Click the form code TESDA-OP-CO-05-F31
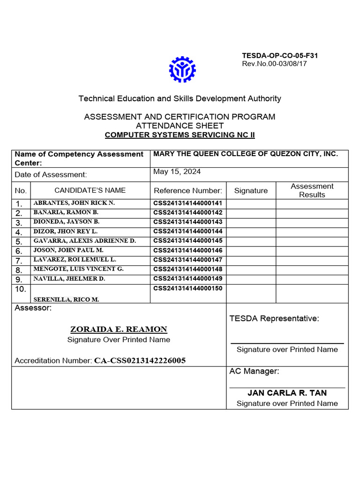280,56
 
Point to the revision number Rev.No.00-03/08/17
274,64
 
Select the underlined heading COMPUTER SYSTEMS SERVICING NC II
180,135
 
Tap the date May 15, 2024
177,172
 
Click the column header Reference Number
187,190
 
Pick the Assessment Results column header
312,190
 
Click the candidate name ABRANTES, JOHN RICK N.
74,203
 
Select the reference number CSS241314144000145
187,241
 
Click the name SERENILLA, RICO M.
66,299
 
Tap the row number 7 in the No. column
19,261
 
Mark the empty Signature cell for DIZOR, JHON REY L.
251,232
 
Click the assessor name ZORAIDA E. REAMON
119,330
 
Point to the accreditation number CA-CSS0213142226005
140,360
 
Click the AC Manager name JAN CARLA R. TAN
287,393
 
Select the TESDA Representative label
274,319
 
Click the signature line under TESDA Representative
287,344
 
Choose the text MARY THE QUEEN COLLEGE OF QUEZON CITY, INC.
246,154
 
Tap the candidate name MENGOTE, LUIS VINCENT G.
78,270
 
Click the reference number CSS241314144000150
187,288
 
